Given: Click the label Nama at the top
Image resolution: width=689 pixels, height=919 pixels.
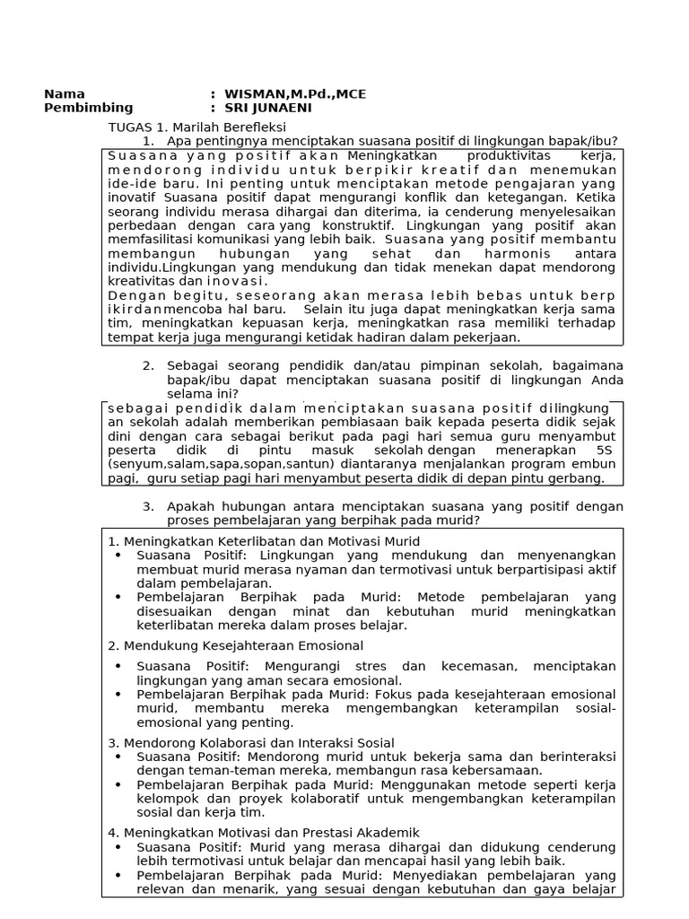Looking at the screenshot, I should click(x=65, y=94).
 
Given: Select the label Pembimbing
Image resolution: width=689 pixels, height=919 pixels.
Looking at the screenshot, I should click(x=88, y=108).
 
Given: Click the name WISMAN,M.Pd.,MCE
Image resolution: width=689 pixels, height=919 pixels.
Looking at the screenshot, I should click(x=295, y=94).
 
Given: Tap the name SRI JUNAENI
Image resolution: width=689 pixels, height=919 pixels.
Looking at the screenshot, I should click(x=268, y=108).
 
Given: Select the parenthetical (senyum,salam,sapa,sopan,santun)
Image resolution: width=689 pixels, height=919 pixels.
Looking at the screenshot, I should click(x=221, y=464).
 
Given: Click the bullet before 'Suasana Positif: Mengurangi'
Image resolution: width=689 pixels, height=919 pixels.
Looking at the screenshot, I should click(x=119, y=667).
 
